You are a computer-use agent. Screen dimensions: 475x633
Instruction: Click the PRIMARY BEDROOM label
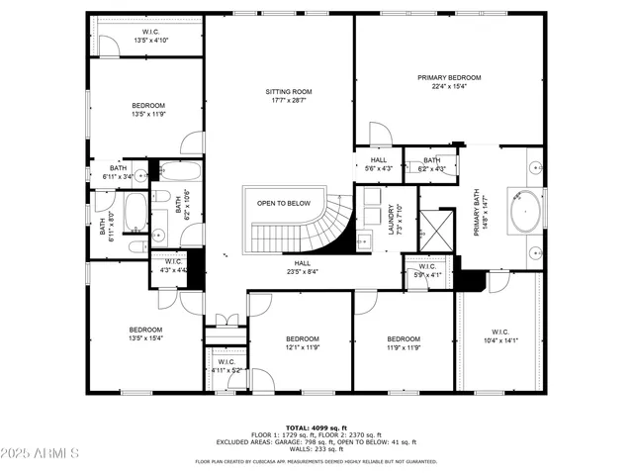449,78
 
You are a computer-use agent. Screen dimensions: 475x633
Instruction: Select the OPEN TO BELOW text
284,203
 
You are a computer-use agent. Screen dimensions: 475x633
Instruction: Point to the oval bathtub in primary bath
524,210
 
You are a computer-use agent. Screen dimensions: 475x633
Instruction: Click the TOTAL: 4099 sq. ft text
316,427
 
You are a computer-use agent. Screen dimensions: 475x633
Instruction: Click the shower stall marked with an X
436,231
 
